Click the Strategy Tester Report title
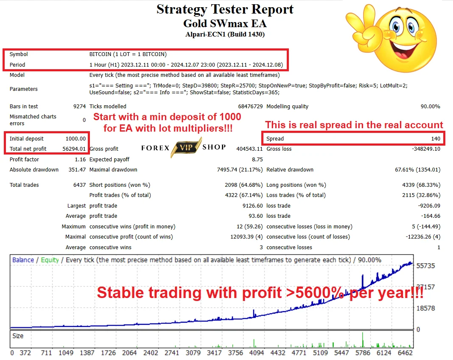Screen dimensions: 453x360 225,9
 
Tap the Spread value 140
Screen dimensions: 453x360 436,138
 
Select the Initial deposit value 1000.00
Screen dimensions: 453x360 75,138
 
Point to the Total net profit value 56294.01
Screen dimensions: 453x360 74,149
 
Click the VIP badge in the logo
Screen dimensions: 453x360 186,147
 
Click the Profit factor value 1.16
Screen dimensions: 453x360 80,159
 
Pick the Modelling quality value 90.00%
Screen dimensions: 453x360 431,107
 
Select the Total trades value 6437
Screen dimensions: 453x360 79,185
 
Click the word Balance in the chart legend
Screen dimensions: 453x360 23,260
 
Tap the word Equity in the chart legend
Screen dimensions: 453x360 50,260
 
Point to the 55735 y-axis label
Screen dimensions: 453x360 425,266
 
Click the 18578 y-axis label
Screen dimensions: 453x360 425,308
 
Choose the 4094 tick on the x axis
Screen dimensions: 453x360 257,353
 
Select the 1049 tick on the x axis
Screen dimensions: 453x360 66,353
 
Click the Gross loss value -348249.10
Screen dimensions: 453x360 426,149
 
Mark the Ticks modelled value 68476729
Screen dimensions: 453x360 250,107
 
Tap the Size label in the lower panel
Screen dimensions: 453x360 18,336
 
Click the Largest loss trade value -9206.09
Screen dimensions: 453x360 429,205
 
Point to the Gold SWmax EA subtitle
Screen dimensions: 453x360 225,23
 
